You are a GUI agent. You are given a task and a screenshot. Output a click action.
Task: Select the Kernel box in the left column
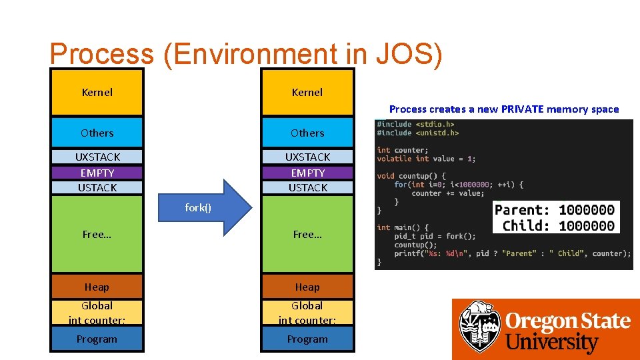[97, 92]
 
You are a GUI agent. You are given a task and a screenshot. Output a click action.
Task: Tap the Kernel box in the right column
[307, 92]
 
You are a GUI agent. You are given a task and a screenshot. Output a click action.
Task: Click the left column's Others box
[97, 133]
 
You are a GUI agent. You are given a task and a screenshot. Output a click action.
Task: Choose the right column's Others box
[307, 133]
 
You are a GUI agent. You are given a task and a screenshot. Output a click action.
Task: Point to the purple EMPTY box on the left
[97, 173]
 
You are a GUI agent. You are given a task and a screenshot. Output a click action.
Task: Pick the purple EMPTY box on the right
[307, 173]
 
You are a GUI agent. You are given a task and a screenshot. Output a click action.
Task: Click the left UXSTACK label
[97, 157]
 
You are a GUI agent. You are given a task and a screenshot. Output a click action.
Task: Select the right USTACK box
[307, 187]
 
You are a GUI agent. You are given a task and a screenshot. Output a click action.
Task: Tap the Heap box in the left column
[97, 287]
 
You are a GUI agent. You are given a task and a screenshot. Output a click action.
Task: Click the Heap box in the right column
[307, 287]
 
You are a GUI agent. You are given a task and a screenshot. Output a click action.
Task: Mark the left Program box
[97, 339]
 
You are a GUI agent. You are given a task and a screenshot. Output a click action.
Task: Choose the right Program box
[307, 339]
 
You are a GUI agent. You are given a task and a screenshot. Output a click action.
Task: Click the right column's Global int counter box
[307, 313]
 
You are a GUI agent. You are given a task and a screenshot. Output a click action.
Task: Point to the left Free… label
[97, 234]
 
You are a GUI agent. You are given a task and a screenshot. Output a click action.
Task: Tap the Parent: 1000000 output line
[555, 210]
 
